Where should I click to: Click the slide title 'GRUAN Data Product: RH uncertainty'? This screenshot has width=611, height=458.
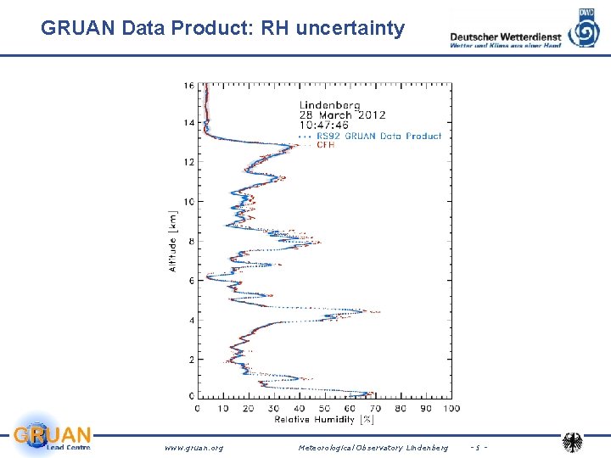pyautogui.click(x=223, y=29)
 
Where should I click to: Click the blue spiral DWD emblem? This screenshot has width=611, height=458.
pyautogui.click(x=584, y=29)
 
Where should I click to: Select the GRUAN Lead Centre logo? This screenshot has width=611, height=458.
pyautogui.click(x=52, y=436)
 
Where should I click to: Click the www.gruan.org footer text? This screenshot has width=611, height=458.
pyautogui.click(x=193, y=447)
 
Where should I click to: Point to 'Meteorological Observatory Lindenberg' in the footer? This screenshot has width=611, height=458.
pyautogui.click(x=373, y=447)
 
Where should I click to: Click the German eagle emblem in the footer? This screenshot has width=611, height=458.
pyautogui.click(x=574, y=443)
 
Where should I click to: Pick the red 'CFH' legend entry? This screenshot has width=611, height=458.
pyautogui.click(x=325, y=145)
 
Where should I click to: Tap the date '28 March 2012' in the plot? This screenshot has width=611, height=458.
pyautogui.click(x=341, y=114)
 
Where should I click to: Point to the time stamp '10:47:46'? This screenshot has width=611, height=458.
pyautogui.click(x=323, y=126)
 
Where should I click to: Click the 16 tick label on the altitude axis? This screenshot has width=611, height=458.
pyautogui.click(x=188, y=84)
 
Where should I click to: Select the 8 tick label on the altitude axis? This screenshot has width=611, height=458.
pyautogui.click(x=191, y=241)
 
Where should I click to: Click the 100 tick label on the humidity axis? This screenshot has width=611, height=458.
pyautogui.click(x=452, y=408)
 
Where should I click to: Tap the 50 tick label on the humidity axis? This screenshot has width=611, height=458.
pyautogui.click(x=325, y=408)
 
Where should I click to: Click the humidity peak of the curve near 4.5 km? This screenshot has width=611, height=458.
pyautogui.click(x=363, y=311)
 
